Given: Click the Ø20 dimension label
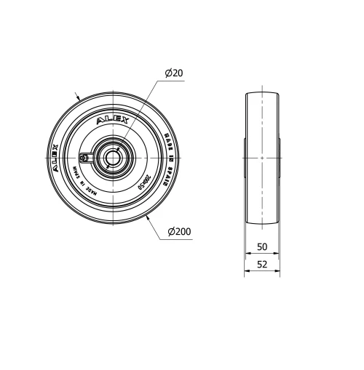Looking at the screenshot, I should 174,73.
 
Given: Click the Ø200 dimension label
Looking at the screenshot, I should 179,232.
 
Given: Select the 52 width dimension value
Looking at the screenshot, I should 261,265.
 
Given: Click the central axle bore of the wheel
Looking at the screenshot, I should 112,157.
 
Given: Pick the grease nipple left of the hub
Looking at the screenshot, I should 84,157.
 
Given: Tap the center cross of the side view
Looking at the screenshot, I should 261,157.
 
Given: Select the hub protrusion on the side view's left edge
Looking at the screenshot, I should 245,157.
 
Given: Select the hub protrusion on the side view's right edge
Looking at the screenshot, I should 279,157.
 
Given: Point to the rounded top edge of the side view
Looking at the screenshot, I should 261,92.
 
